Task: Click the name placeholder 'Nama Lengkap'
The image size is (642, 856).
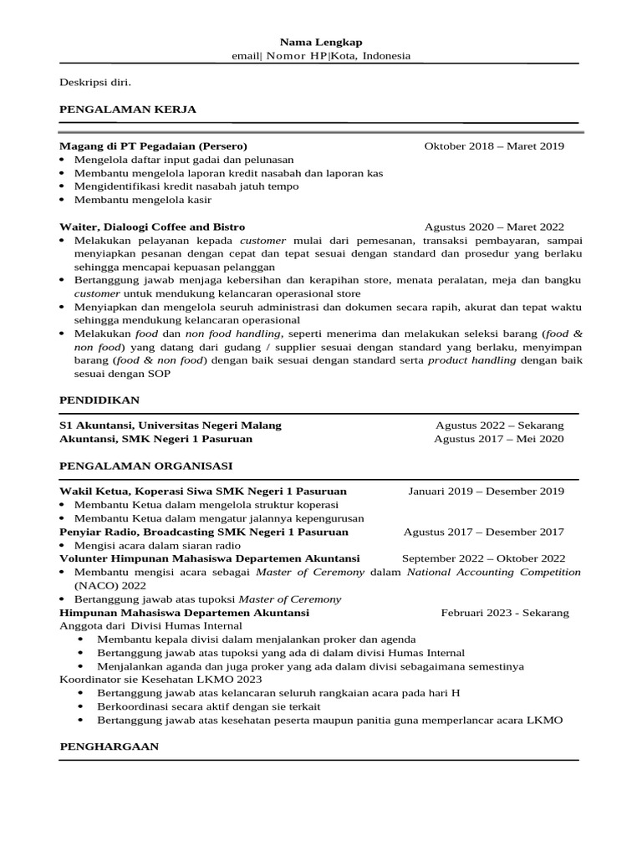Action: pos(321,42)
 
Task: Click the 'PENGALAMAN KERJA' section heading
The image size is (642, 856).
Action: pos(128,109)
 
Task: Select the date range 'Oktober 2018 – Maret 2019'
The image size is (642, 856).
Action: pos(494,146)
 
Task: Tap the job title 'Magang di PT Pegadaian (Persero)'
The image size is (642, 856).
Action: pos(153,146)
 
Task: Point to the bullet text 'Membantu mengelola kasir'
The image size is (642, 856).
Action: pos(143,200)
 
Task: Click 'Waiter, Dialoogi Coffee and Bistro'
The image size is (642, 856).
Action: pos(152,227)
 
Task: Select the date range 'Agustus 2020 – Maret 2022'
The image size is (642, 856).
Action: pos(494,227)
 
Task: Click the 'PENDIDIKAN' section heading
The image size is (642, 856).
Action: pos(99,400)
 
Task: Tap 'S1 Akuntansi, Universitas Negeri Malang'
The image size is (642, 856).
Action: pos(171,425)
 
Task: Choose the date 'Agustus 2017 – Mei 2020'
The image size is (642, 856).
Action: pos(499,439)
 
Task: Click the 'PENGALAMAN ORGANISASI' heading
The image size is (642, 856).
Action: pos(145,465)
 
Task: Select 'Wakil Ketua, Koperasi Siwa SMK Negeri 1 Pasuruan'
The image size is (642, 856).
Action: pos(203,492)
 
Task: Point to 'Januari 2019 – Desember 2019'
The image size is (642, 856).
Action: pos(486,492)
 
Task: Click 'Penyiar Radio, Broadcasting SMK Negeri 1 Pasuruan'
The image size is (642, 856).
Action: pos(204,532)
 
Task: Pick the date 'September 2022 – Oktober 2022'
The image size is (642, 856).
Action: pos(483,558)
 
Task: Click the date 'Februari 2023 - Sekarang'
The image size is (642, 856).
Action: pos(505,613)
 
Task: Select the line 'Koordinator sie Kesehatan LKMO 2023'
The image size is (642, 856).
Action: pos(148,680)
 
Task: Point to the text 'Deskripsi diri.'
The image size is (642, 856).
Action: pos(95,82)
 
